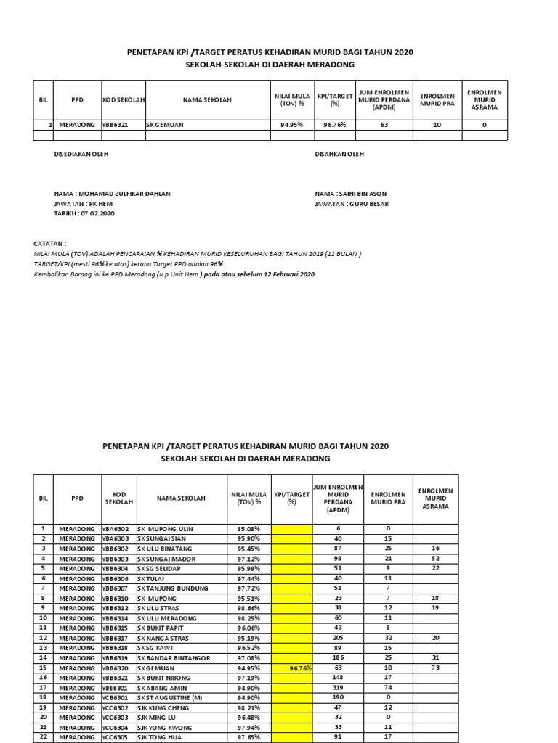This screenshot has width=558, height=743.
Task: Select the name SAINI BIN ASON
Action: tap(365, 194)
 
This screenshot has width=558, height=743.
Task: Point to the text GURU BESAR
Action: tap(370, 204)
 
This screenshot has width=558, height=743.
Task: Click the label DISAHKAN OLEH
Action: tap(339, 154)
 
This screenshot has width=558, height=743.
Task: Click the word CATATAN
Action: tap(50, 244)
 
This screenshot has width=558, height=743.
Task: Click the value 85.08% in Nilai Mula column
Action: tap(248, 528)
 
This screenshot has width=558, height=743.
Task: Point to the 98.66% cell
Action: tap(248, 607)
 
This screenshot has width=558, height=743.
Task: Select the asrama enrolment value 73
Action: tap(435, 667)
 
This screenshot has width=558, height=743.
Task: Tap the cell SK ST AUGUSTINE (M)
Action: tap(175, 697)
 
